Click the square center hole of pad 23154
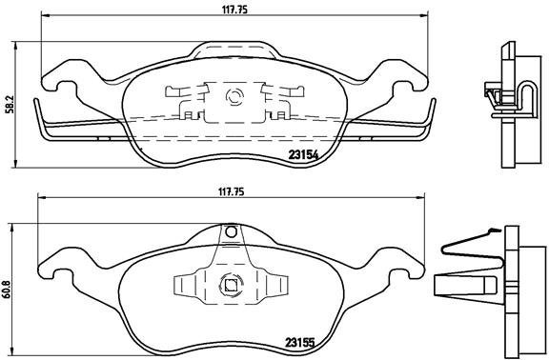(x=233, y=96)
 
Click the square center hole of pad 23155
(x=229, y=282)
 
